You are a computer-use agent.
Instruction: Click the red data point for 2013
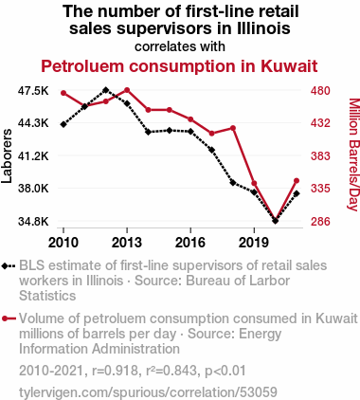point(127,90)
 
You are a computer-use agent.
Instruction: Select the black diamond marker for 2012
point(106,90)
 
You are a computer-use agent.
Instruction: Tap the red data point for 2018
point(233,128)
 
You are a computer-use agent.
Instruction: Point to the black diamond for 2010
point(63,124)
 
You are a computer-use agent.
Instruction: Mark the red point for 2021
point(297,181)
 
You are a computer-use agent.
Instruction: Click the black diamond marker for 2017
point(212,150)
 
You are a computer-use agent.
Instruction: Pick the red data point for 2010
point(63,93)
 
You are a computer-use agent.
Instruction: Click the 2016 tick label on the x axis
point(190,243)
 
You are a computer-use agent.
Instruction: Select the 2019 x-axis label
point(254,243)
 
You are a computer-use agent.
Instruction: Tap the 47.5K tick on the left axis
point(33,91)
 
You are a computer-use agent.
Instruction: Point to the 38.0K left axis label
point(33,189)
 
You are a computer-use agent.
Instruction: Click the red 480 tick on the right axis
point(320,91)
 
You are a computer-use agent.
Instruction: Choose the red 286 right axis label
point(320,222)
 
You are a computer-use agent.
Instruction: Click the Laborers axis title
point(7,155)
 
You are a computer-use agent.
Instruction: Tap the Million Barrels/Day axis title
point(353,155)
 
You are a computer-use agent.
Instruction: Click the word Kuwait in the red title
point(289,66)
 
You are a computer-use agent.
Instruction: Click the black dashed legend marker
point(9,266)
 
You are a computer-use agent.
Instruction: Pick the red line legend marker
point(9,318)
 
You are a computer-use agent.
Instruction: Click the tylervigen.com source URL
point(148,392)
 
